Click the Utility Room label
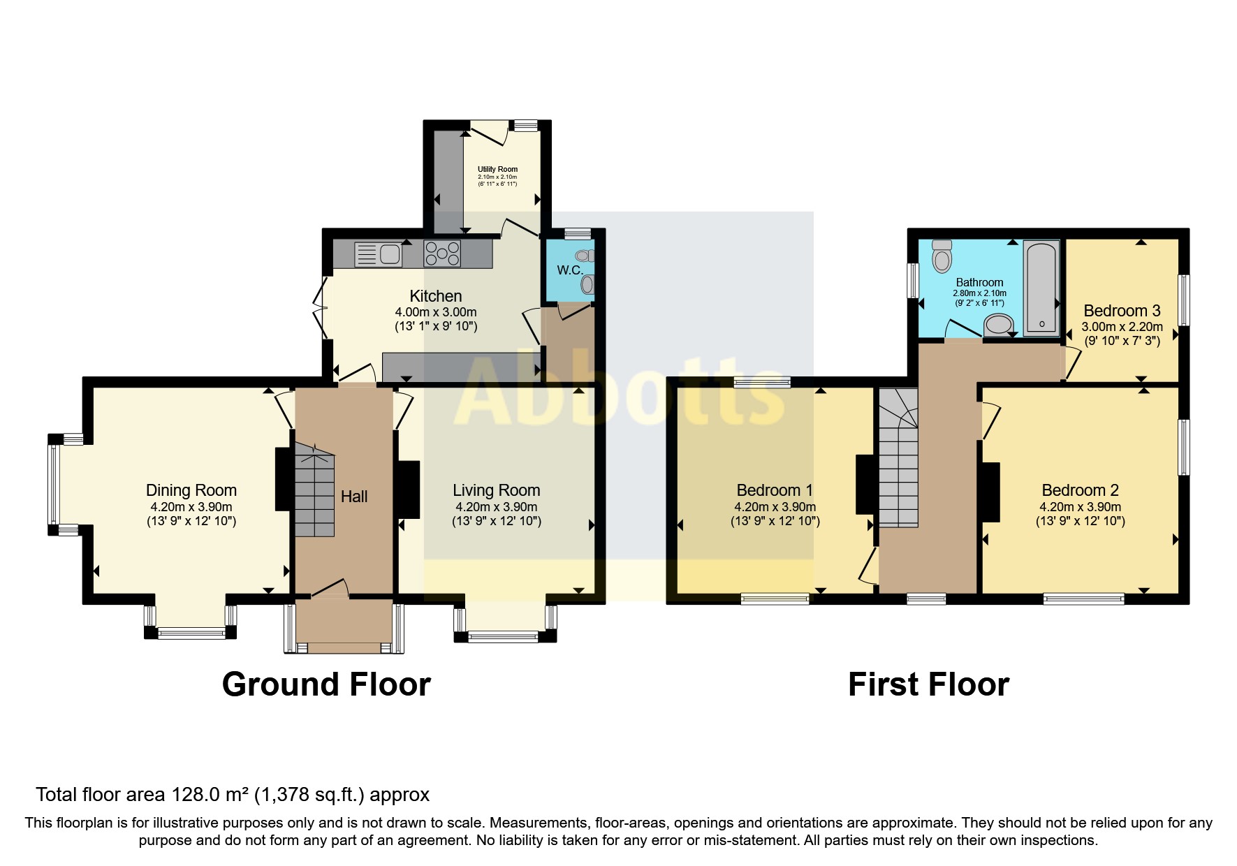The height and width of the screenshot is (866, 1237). (x=497, y=169)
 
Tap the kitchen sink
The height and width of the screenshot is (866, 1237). (x=376, y=254)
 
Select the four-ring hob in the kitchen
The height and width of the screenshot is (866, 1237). (x=442, y=254)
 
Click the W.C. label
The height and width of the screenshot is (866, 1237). (x=570, y=270)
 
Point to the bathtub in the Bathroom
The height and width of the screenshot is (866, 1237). (x=1041, y=288)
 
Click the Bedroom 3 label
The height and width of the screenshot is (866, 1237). (x=1122, y=311)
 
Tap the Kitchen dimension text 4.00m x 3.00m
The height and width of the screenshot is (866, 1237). (x=436, y=312)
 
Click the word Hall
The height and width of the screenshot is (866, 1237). (x=354, y=497)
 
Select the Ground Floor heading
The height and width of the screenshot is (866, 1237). (x=326, y=684)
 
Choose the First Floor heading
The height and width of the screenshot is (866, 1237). (x=928, y=684)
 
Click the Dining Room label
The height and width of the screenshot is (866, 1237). (x=191, y=490)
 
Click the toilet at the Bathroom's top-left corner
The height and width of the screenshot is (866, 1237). (x=942, y=256)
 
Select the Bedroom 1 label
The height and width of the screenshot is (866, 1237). (x=775, y=490)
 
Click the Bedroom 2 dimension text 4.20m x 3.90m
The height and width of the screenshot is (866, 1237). (x=1080, y=508)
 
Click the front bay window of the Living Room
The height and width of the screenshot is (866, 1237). (x=503, y=636)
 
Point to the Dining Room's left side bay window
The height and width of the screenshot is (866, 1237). (x=52, y=484)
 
